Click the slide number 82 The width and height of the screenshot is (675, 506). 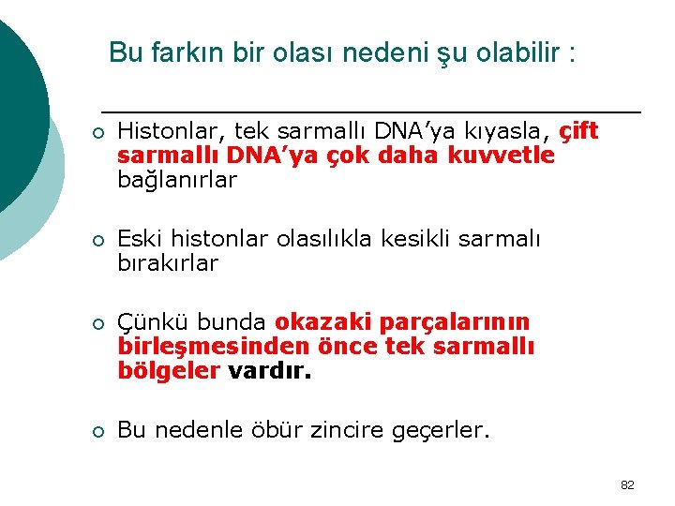click(627, 484)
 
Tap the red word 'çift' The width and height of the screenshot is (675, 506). click(578, 132)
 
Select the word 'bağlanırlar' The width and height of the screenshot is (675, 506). click(178, 179)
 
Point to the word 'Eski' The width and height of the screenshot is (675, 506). click(138, 240)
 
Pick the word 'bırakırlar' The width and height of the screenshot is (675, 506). click(168, 263)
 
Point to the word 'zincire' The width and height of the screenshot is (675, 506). click(356, 431)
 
